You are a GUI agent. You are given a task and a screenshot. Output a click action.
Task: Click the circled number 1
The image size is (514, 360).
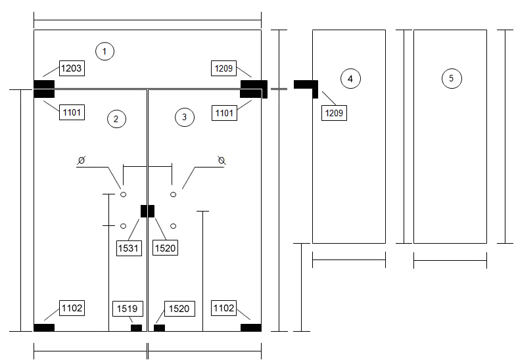[105, 51]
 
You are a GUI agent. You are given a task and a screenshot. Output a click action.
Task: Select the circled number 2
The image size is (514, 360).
[117, 119]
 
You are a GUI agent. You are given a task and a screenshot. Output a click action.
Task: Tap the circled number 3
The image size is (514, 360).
[185, 117]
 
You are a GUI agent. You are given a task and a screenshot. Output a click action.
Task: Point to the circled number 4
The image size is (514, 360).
[350, 79]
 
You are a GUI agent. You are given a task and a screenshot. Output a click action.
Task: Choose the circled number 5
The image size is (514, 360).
[452, 78]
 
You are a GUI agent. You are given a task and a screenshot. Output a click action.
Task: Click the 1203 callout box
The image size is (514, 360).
[72, 68]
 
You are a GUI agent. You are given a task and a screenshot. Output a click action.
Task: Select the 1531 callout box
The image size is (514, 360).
[129, 248]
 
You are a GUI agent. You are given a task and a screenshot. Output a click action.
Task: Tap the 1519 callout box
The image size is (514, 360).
[128, 309]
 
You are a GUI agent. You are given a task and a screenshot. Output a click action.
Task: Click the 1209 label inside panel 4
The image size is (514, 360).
[334, 113]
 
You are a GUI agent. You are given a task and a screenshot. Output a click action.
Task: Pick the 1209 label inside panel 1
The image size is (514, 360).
[223, 68]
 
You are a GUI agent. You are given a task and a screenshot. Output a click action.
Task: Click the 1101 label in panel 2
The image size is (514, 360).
[72, 112]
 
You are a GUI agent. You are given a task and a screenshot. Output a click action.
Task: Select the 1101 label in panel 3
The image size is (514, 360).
[224, 113]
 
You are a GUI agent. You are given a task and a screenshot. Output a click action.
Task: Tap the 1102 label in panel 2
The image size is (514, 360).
[72, 308]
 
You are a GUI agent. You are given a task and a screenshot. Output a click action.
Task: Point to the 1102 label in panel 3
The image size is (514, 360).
[223, 308]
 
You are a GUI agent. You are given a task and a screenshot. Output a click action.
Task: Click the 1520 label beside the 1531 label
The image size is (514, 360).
[165, 248]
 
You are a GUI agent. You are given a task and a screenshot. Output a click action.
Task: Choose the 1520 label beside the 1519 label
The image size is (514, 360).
[179, 309]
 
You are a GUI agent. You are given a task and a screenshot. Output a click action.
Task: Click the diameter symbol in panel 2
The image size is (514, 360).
[82, 160]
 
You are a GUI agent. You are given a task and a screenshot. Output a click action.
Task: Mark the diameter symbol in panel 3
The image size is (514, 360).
[222, 160]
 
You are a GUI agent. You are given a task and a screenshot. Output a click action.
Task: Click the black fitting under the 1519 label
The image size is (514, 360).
[137, 328]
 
